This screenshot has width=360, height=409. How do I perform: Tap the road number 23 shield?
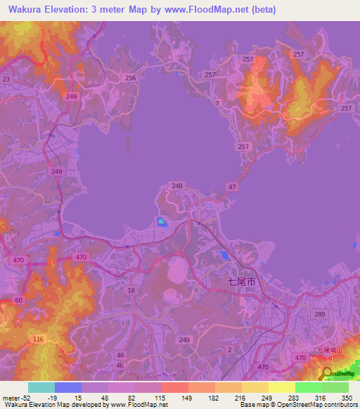(6, 80)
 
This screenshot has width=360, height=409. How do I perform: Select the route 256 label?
(129, 78)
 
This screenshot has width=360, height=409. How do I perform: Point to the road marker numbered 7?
(217, 104)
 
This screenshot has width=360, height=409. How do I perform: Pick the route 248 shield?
(177, 186)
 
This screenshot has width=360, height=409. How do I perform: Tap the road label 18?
(131, 290)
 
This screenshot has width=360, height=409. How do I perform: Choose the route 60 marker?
(18, 300)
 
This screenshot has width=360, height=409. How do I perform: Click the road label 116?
(37, 339)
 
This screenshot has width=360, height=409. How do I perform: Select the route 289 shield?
(319, 315)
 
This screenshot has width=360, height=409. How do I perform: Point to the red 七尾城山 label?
(329, 349)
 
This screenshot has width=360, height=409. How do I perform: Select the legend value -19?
(52, 398)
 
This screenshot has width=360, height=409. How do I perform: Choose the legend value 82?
(123, 398)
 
